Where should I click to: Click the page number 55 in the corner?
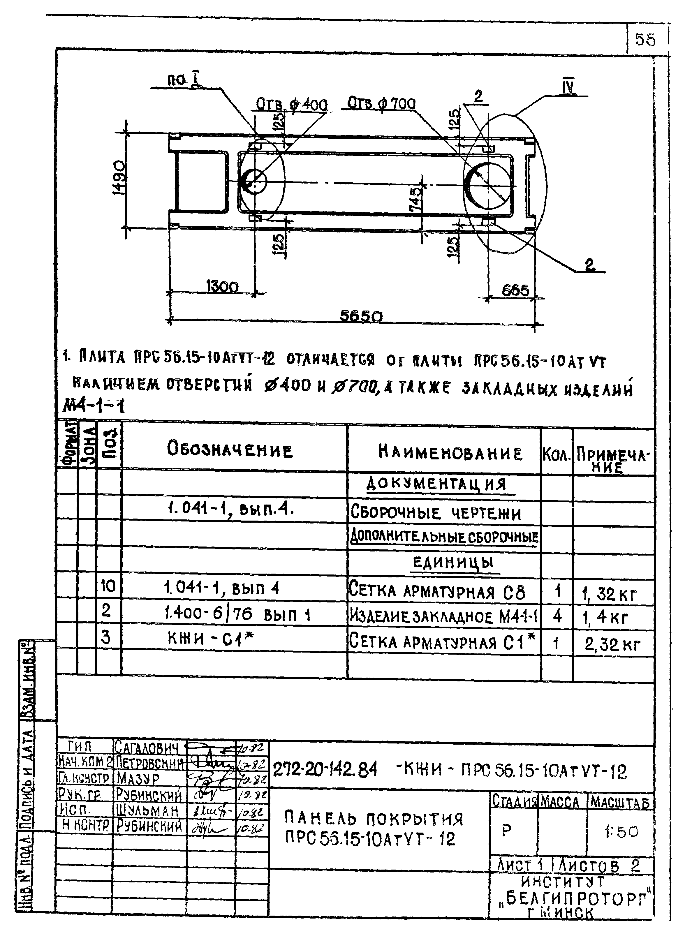pos(645,40)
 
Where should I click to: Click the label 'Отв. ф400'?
pos(291,104)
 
